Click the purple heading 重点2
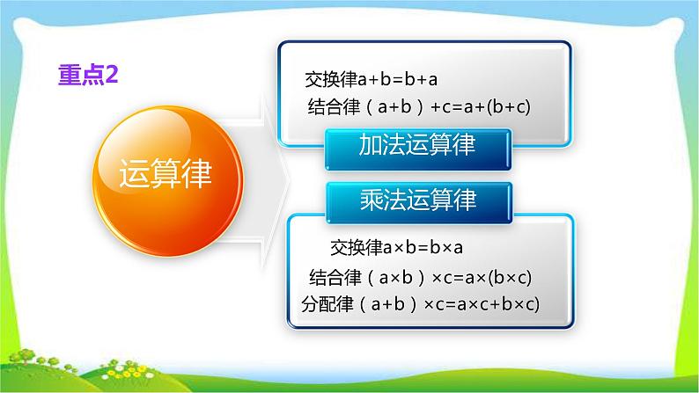coord(87,76)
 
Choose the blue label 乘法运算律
coord(418,200)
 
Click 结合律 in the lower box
coord(335,278)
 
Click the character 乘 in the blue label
coord(371,200)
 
